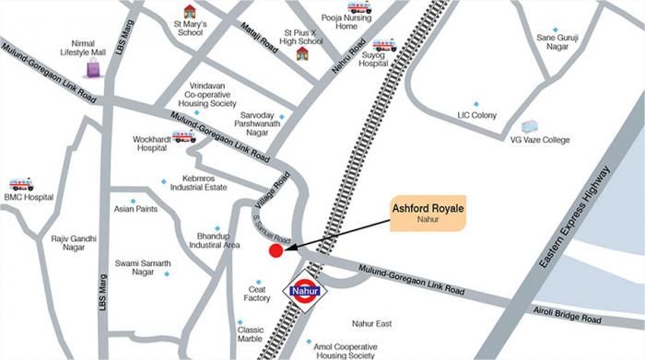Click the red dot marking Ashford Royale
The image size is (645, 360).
[276, 250]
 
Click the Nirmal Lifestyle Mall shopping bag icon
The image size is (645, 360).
[93, 68]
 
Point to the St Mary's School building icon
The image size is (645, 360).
[190, 12]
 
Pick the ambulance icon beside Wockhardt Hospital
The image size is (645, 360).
[183, 136]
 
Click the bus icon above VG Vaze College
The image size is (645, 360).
[529, 126]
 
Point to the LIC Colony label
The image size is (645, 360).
[477, 115]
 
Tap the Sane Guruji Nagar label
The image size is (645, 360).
[557, 42]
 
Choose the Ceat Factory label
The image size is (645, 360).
[257, 293]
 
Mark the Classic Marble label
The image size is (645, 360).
[250, 333]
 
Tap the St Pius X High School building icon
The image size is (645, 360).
[302, 53]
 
